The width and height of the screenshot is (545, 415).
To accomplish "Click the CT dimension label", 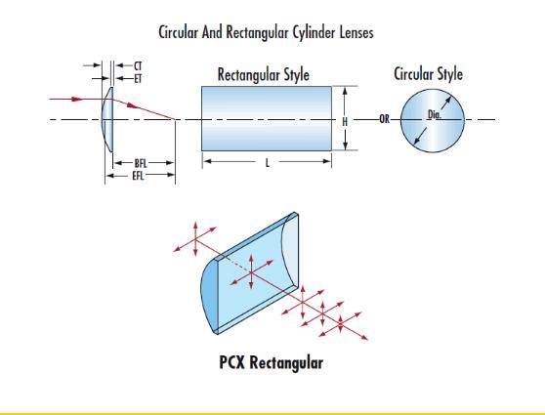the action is pos(138,66).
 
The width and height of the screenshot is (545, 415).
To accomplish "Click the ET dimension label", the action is pos(138,79).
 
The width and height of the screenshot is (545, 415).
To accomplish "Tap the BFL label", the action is pos(141,163).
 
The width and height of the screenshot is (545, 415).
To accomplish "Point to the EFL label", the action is pos(138,176).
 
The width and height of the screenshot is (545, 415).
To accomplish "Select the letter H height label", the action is pos(345,122).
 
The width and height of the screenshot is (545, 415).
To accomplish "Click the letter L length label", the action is pos(268,163).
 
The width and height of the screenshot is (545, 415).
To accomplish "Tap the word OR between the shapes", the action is pos(385,119).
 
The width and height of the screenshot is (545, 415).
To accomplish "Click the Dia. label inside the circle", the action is pos(434,114).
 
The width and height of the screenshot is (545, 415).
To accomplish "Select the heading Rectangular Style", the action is pos(264,75).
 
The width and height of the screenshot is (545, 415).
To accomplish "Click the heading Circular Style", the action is pos(428,74).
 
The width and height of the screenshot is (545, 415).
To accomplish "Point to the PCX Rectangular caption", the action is pos(272,362).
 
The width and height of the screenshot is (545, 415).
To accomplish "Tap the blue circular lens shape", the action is pos(433,121).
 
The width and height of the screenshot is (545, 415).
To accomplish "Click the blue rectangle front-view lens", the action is pos(267,118).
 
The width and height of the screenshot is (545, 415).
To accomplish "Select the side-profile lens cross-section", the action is pos(107,119).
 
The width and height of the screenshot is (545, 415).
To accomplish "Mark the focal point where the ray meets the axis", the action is pos(175,119).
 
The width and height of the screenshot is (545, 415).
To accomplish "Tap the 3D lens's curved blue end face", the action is pos(209,296).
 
